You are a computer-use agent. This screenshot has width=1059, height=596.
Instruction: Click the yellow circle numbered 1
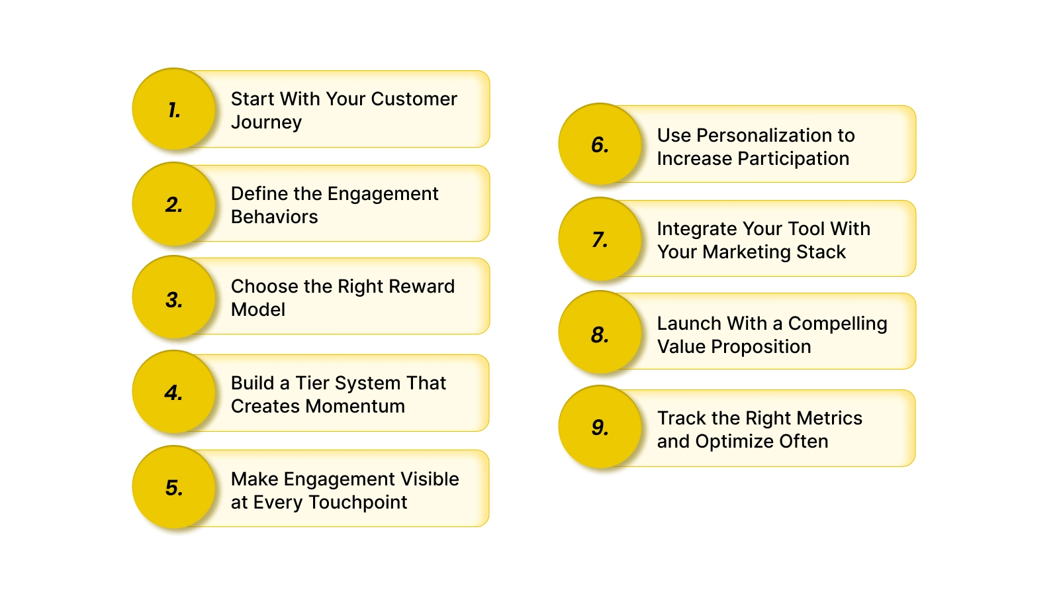click(x=174, y=109)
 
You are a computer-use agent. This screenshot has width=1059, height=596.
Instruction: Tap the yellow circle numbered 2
click(x=174, y=204)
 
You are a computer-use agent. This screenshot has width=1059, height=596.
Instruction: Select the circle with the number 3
click(x=174, y=298)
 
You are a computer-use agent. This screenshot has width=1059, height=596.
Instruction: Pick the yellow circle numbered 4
click(x=174, y=392)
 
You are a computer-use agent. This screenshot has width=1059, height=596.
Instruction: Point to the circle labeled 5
click(x=174, y=487)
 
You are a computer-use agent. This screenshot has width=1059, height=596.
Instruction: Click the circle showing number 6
click(x=600, y=144)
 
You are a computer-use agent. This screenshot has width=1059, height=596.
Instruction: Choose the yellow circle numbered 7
click(x=600, y=239)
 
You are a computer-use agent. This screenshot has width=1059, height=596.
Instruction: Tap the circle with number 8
click(x=600, y=333)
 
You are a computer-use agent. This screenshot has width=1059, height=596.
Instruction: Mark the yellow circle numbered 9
click(x=600, y=427)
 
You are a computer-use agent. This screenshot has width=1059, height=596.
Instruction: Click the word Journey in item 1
click(x=266, y=123)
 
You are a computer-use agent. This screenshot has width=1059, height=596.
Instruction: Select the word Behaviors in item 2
click(x=274, y=217)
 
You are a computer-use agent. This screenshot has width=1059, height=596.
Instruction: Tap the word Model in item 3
click(x=258, y=310)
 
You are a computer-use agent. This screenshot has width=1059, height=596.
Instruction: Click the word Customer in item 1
click(x=414, y=99)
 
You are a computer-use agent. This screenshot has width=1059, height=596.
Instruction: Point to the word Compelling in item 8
click(x=837, y=324)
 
